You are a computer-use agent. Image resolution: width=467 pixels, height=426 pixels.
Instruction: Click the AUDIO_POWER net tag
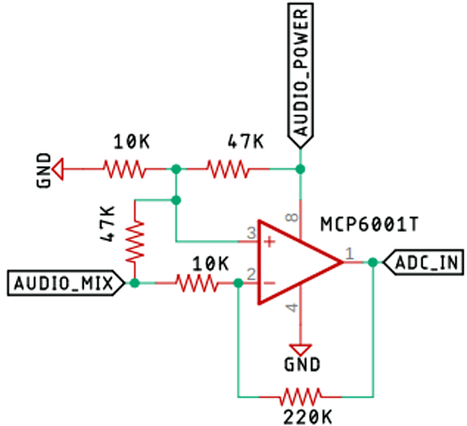(301, 75)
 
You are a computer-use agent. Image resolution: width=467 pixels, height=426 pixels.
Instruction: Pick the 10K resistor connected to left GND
(125, 169)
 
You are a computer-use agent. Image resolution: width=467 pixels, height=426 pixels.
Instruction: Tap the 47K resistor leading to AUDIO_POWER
(229, 169)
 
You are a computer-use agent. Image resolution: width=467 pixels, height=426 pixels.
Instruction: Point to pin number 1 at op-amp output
(350, 252)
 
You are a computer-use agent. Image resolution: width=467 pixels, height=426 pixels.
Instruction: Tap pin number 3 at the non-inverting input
(250, 232)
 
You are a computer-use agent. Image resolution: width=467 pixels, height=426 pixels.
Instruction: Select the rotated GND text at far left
(44, 170)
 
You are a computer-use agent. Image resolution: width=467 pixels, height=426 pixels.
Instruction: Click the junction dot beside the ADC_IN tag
(373, 263)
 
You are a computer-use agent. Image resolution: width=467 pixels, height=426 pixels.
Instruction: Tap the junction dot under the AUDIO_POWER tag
(301, 169)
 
